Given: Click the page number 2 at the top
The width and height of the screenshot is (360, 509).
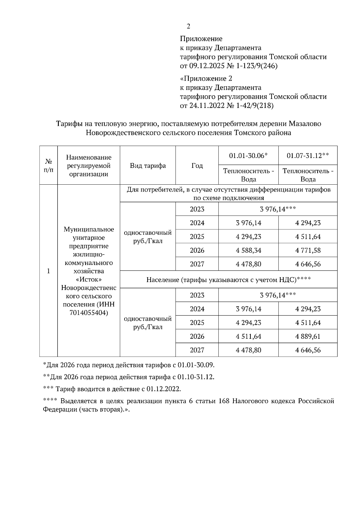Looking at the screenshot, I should coord(188,27).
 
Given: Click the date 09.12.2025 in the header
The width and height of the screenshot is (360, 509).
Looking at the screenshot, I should coord(206,66).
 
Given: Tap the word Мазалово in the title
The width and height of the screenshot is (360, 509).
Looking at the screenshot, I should coord(305,124).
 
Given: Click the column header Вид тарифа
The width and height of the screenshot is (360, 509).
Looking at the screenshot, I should coord(148,166).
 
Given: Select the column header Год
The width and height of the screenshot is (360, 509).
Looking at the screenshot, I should coord(197,166).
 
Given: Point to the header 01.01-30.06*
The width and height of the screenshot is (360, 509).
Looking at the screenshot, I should coord(248,156).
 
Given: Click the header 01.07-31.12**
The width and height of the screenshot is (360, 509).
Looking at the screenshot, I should coord(307,156).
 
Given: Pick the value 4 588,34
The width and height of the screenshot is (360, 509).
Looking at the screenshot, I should coord(248,250).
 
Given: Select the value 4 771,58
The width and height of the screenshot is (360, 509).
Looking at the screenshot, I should coord(308,250).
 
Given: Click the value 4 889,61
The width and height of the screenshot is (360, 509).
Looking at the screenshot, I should coord(308,336).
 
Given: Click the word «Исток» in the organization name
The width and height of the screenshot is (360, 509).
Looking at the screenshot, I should coord(88,279).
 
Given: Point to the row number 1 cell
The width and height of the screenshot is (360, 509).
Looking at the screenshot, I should coord(48,271).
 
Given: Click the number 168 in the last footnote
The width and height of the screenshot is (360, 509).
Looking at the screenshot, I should coord(224,401).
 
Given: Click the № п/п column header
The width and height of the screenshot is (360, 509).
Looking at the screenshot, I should coord(49,166).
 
